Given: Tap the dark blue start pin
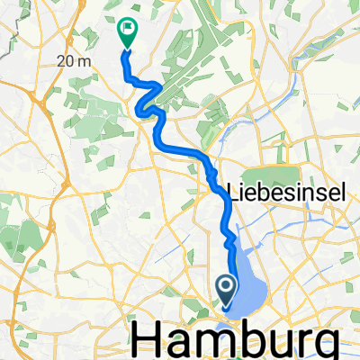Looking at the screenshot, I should (226, 289).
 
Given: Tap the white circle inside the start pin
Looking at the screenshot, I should (226, 286).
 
